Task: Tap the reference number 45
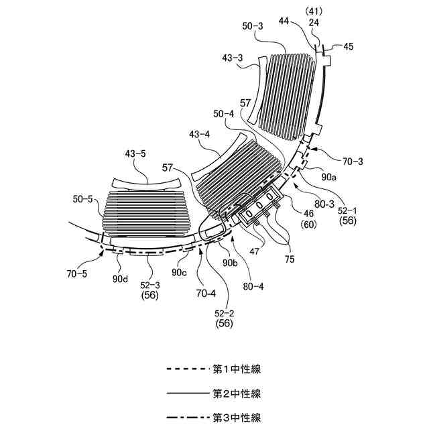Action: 347,47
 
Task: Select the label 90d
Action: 120,279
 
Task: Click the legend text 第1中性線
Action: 237,369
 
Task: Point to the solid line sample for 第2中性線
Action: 187,393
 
